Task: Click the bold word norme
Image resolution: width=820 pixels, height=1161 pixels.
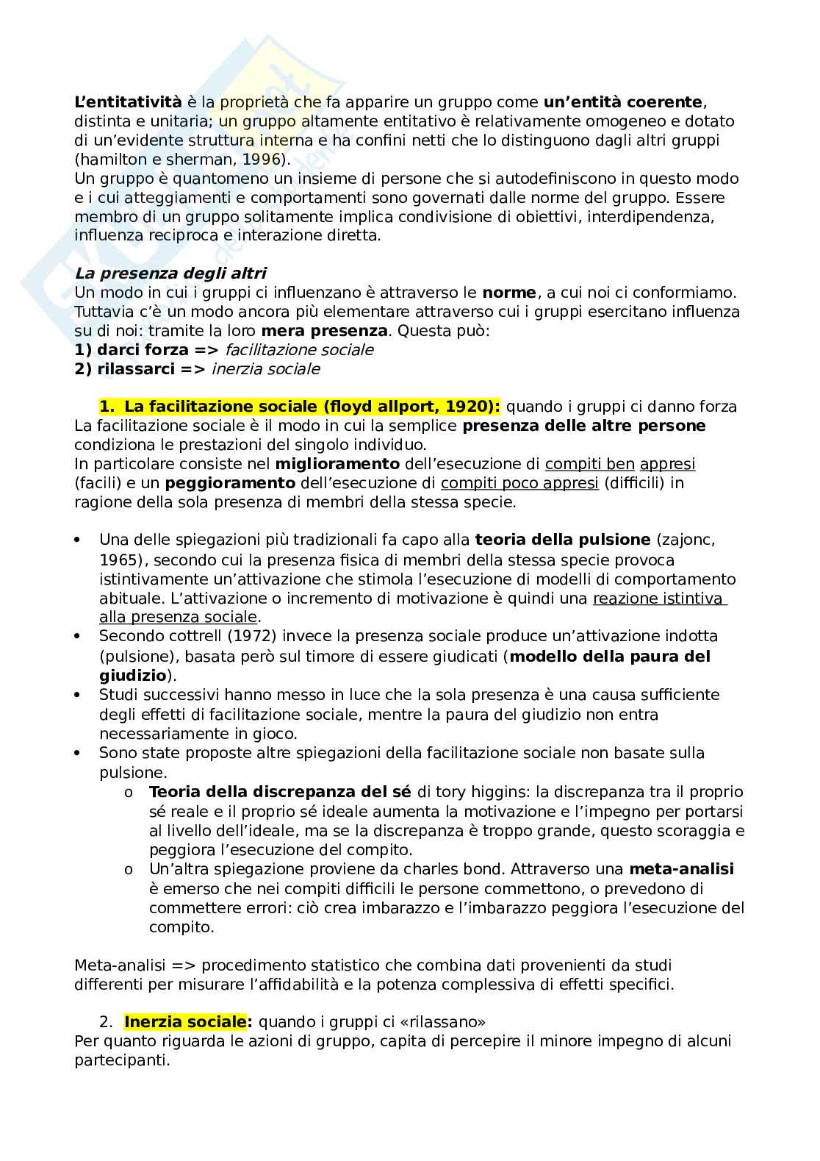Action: tap(508, 293)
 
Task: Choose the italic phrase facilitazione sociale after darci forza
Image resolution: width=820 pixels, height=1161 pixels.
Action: tap(299, 350)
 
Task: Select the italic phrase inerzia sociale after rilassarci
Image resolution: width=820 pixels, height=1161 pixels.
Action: tap(265, 369)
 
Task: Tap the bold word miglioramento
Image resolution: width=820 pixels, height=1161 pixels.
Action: tap(337, 464)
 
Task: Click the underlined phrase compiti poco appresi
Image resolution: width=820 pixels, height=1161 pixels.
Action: tap(519, 483)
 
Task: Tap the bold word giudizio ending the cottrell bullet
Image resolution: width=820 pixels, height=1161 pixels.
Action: tap(132, 675)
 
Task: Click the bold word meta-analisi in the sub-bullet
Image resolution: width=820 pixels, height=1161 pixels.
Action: tap(682, 869)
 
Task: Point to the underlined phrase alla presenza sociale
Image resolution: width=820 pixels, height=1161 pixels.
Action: tap(178, 617)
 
